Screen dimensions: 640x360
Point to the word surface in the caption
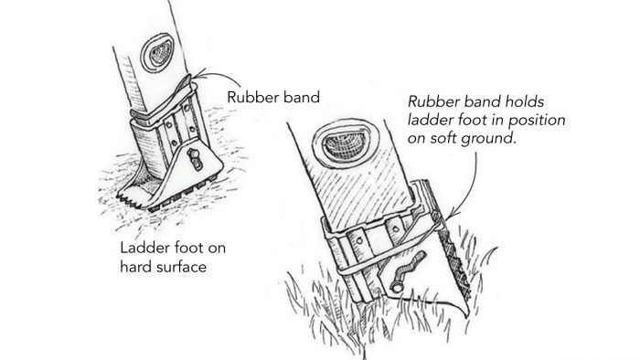coord(182,267)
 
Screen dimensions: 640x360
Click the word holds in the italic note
coord(525,101)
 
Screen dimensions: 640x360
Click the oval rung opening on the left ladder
coord(157,53)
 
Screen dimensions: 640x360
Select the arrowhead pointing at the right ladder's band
coord(451,215)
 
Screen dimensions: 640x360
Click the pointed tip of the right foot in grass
coord(465,314)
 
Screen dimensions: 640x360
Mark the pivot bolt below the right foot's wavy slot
coord(397,287)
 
